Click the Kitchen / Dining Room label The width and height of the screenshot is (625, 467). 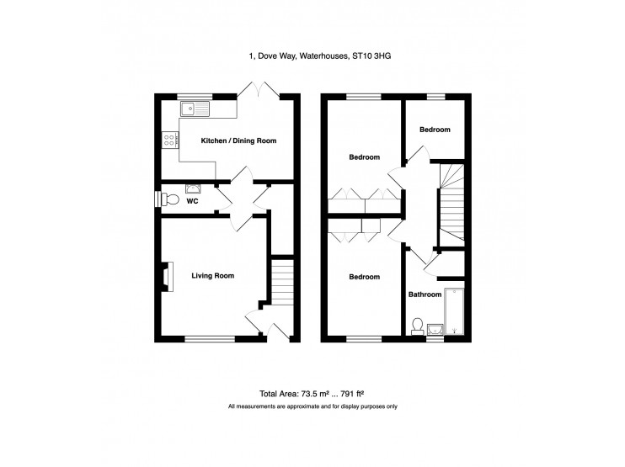point(238,141)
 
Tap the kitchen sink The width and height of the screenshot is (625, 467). point(196,108)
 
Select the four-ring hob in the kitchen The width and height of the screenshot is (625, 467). point(168,141)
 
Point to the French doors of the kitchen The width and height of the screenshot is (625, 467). point(260,91)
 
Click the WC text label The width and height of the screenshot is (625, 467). point(192,201)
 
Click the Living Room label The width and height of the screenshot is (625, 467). point(212,275)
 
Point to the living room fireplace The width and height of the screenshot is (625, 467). point(167,277)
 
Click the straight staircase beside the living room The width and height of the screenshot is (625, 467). point(283,282)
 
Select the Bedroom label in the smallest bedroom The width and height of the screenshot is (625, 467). point(435,130)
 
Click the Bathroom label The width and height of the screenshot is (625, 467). point(425,295)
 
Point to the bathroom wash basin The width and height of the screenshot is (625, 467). point(435,328)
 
